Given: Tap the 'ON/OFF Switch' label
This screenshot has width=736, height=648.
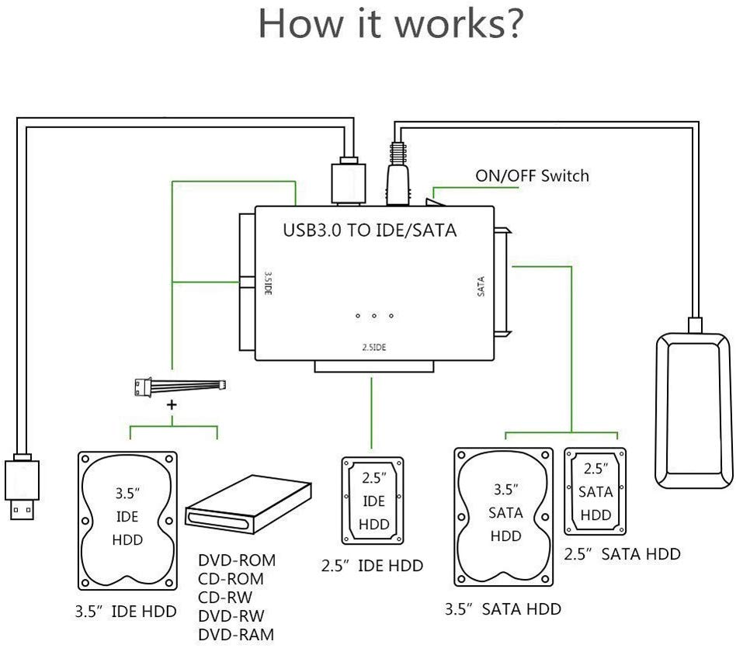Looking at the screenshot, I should [x=532, y=175].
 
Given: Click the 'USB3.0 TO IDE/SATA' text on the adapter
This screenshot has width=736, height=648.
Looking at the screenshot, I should [x=370, y=230].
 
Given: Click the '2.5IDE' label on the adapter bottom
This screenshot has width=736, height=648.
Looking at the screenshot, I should [x=373, y=347].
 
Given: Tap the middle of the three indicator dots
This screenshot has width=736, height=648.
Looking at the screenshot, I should [x=374, y=315].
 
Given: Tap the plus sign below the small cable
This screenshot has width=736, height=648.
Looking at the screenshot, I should [x=172, y=405].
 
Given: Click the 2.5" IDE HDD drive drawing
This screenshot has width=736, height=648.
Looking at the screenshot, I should [x=373, y=501].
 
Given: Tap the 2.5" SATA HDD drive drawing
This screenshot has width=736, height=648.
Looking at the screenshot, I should [x=596, y=491].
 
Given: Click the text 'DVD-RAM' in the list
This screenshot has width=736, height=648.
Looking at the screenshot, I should [x=235, y=634].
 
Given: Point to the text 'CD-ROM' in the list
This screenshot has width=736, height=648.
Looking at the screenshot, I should [x=231, y=578].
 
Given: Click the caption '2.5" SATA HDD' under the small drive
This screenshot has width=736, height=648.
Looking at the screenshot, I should [x=620, y=553].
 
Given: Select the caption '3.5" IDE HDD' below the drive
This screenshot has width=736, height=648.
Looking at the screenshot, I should [x=125, y=611].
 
